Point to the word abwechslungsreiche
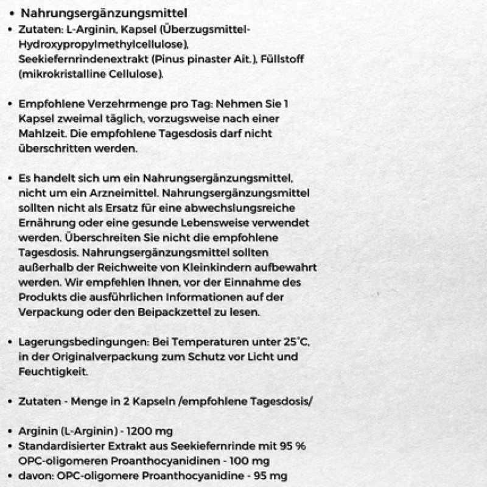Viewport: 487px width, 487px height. (x=264, y=208)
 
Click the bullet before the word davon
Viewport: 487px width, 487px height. (x=10, y=475)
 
